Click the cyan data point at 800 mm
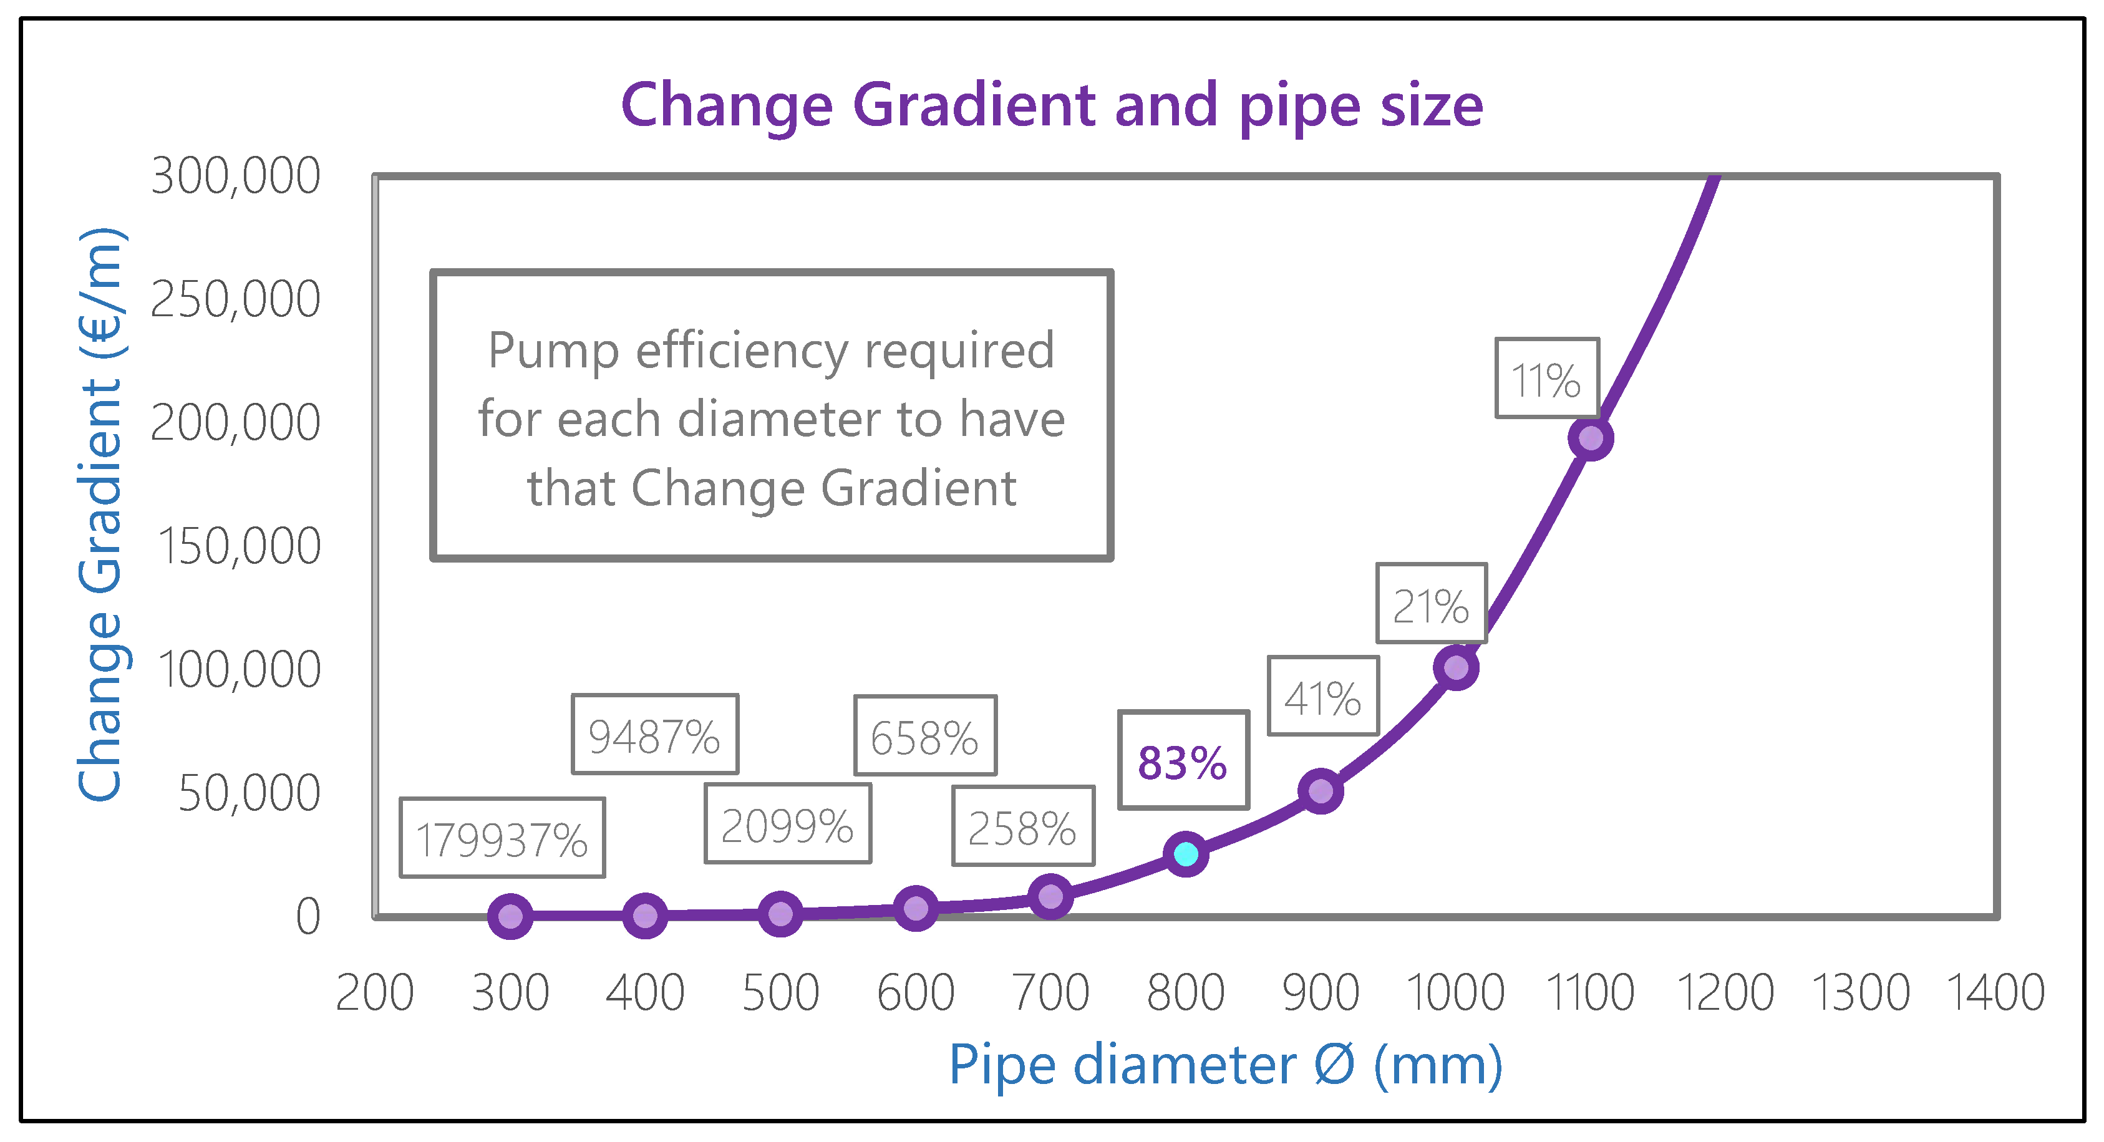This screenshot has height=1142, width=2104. [x=1186, y=854]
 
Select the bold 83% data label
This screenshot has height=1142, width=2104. [x=1183, y=762]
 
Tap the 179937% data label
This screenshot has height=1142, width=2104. [x=502, y=839]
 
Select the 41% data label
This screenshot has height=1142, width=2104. [x=1323, y=697]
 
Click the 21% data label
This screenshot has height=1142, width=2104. [x=1431, y=604]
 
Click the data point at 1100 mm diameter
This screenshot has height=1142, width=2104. [x=1590, y=438]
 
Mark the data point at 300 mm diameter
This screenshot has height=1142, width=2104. [x=510, y=916]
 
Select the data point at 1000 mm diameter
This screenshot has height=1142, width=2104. [x=1455, y=668]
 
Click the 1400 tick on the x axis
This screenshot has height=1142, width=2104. [x=1995, y=994]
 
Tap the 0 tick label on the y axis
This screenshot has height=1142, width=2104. [x=308, y=916]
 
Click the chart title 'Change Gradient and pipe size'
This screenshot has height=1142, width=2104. [x=1051, y=105]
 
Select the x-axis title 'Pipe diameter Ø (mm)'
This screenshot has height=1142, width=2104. [x=1225, y=1065]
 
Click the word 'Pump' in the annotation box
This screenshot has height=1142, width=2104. [x=552, y=351]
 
